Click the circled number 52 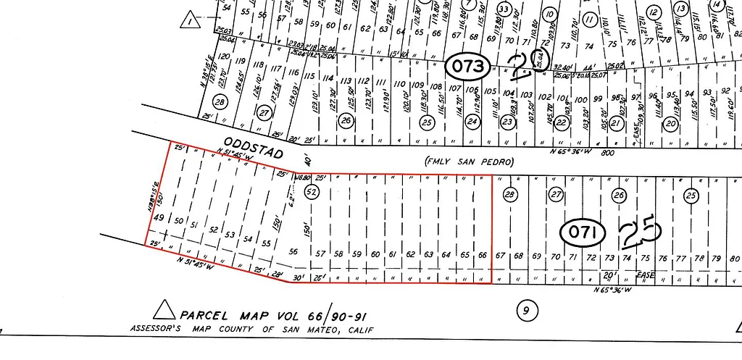(312, 192)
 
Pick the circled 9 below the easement (527, 311)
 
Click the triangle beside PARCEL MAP (164, 311)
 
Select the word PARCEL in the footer (206, 316)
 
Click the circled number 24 (472, 122)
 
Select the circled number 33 (504, 9)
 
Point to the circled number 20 (671, 123)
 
